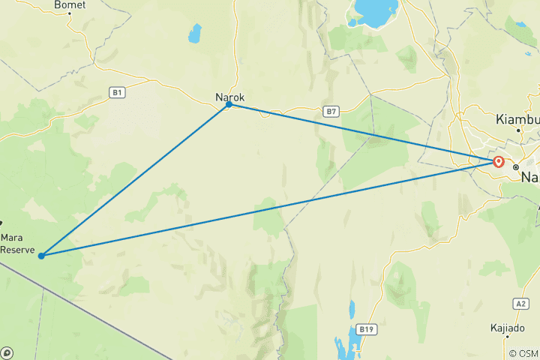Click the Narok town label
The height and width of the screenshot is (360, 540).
(x=229, y=97)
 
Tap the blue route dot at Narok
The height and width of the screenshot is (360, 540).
(x=229, y=104)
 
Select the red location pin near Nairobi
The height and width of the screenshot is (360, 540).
(x=498, y=161)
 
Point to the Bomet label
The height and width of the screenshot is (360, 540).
(x=70, y=4)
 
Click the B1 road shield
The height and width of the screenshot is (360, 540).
(x=116, y=92)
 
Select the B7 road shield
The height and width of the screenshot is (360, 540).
(x=331, y=111)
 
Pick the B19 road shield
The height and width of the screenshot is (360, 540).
(x=366, y=329)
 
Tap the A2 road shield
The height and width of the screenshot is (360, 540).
(x=521, y=304)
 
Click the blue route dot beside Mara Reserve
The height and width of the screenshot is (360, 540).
(x=41, y=256)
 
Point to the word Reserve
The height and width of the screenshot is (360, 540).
(x=17, y=250)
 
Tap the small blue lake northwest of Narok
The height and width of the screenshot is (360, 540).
(x=195, y=33)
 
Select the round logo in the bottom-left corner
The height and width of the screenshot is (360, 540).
(x=7, y=352)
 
